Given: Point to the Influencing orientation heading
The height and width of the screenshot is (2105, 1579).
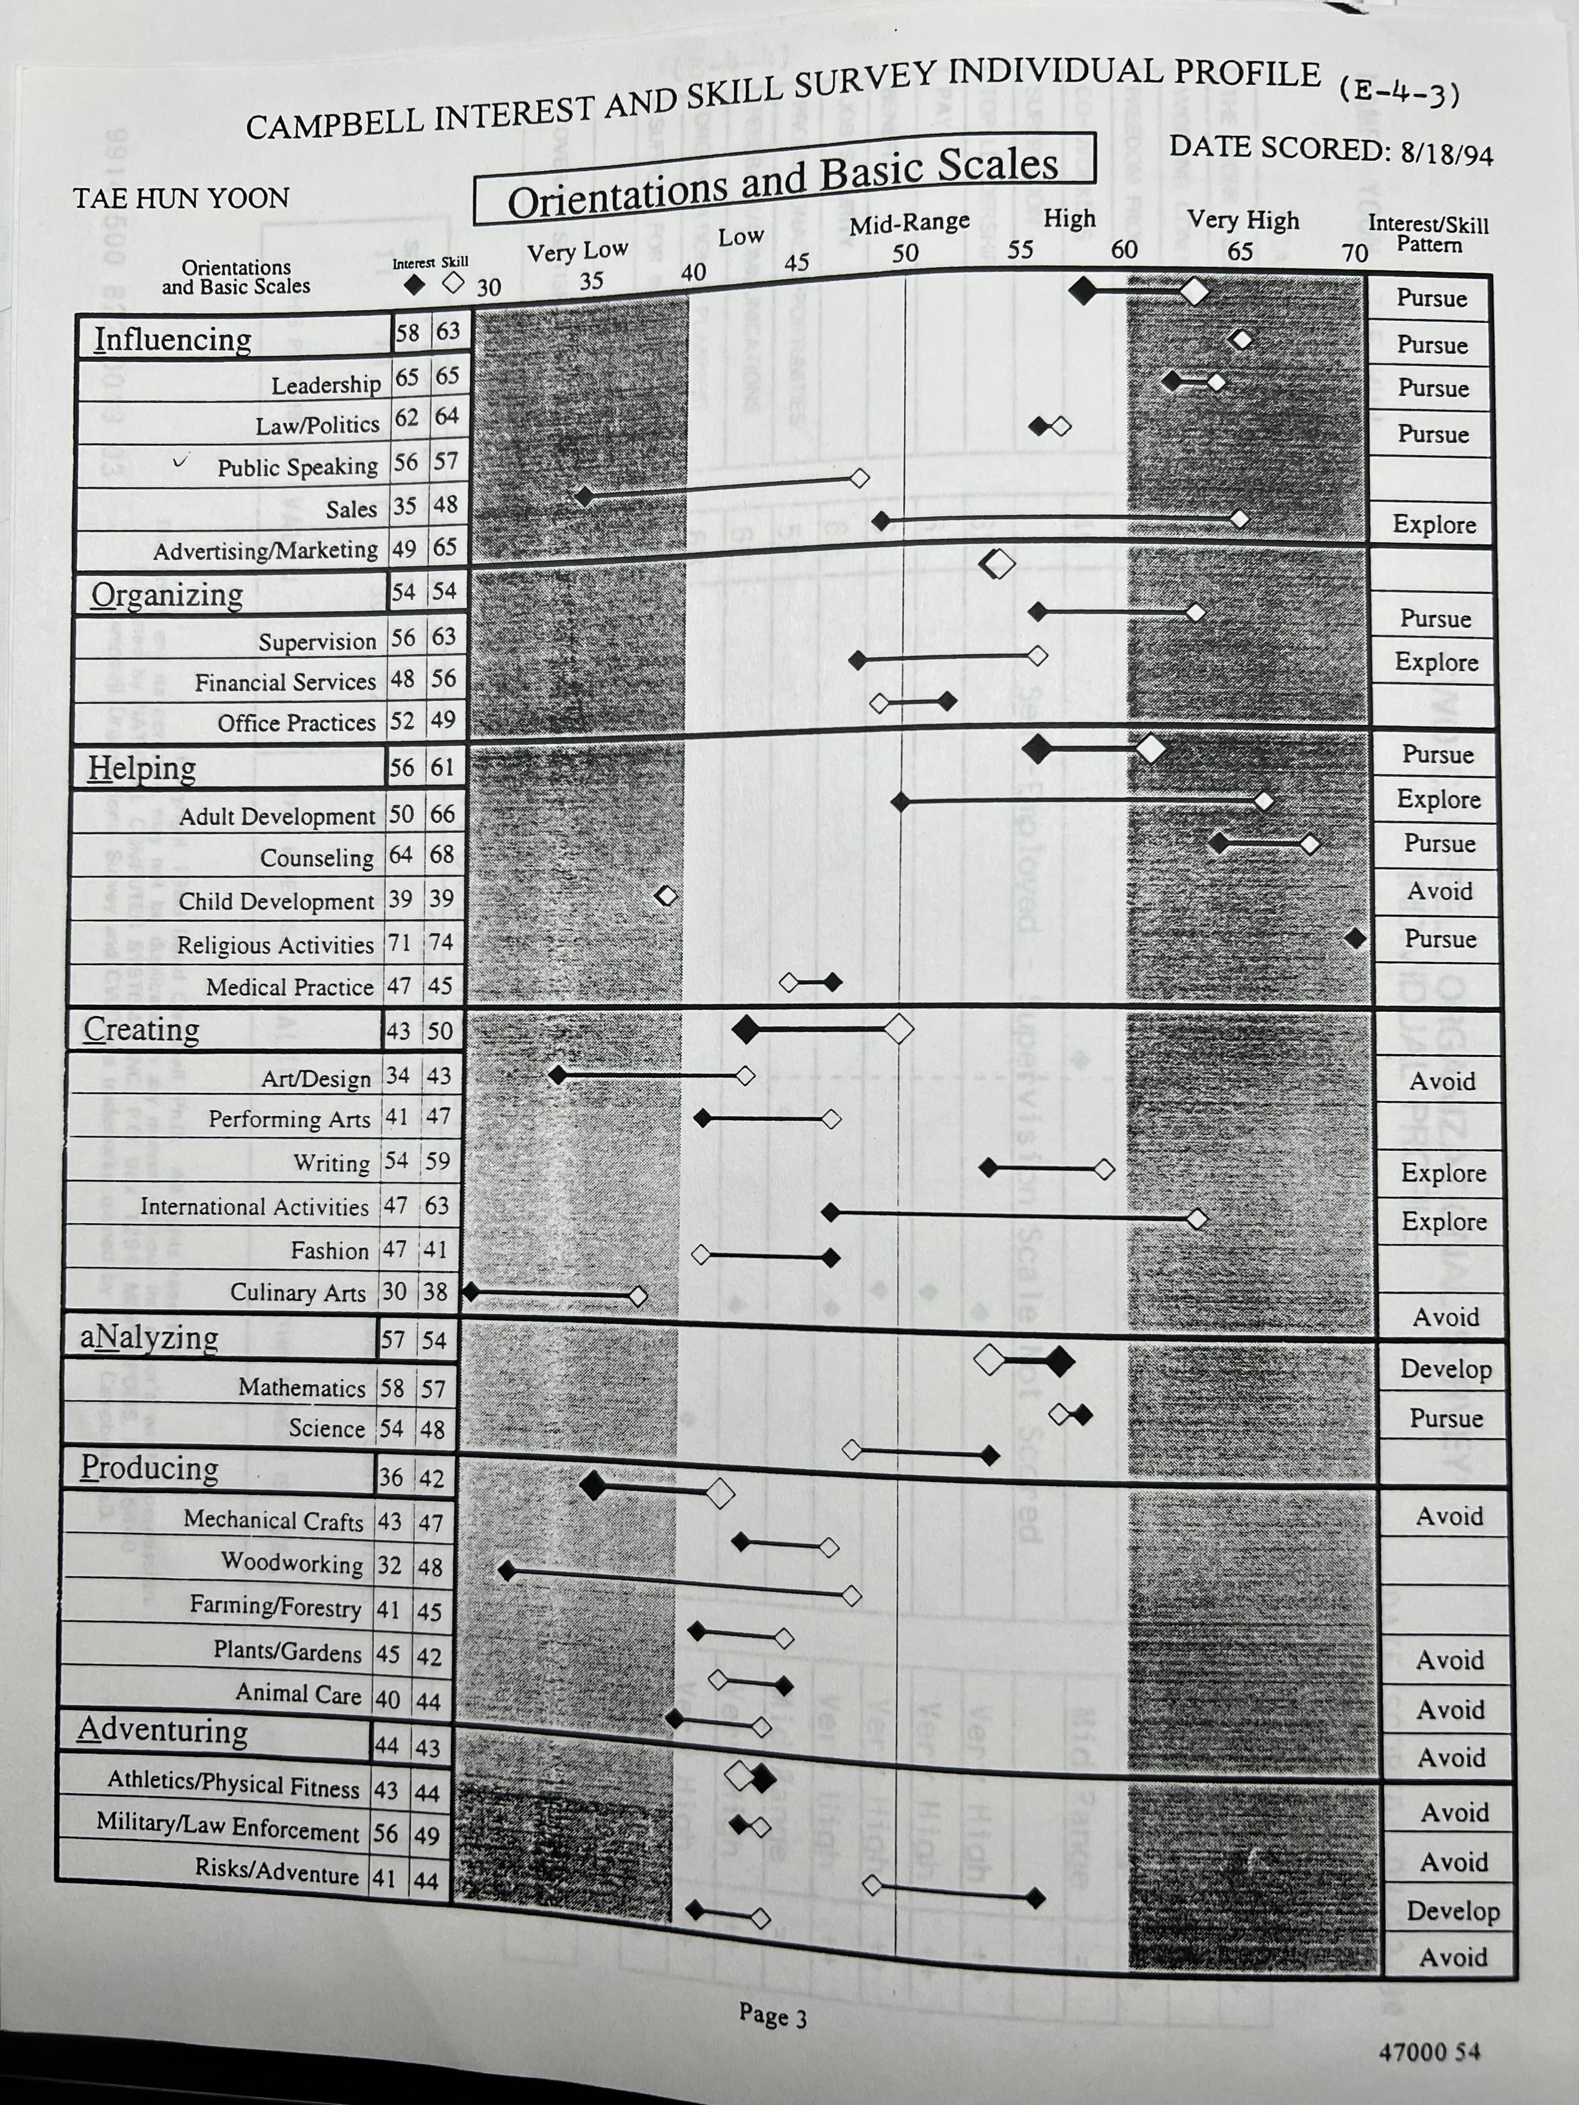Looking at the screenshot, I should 172,339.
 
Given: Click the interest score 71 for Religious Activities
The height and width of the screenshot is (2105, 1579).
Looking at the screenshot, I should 400,943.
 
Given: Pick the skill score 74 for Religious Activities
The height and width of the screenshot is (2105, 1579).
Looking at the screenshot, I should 441,942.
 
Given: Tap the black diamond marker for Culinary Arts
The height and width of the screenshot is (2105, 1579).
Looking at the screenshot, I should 470,1292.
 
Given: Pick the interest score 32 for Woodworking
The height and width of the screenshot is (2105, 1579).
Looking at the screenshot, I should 390,1565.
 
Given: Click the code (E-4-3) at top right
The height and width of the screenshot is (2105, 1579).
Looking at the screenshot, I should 1398,93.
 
